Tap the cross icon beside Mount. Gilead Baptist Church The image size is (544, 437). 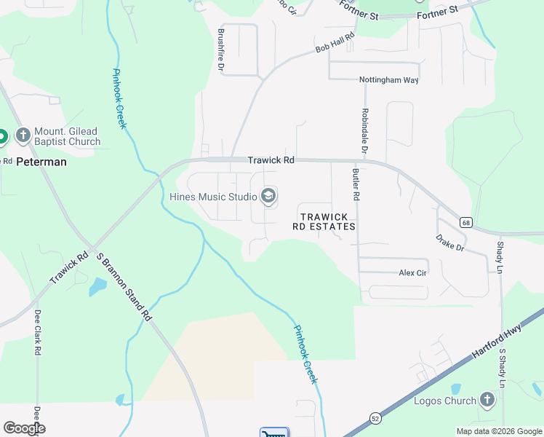[x=23, y=135]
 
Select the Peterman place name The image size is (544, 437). [x=41, y=162]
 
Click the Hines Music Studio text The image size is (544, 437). [x=212, y=197]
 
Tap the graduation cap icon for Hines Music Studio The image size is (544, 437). [x=268, y=196]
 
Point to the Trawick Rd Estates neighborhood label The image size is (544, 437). [x=324, y=221]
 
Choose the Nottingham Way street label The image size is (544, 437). [x=388, y=80]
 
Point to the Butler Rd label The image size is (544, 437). [x=356, y=186]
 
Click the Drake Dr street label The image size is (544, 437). [x=449, y=243]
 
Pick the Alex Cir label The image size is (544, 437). [x=412, y=272]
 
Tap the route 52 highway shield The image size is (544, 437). [x=375, y=417]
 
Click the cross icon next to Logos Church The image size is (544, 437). [x=487, y=400]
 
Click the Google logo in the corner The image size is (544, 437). [x=24, y=428]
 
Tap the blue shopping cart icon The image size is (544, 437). [x=274, y=433]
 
